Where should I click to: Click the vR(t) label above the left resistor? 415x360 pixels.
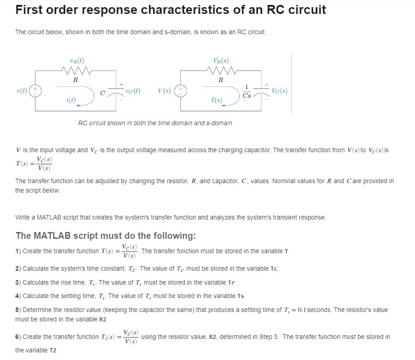pos(77,60)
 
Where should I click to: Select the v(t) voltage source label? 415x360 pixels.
pos(21,90)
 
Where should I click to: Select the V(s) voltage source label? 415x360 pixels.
pos(164,91)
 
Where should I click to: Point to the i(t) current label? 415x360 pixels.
pos(70,100)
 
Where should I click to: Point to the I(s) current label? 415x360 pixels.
pos(216,100)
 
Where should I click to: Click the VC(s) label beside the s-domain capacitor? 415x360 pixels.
pos(280,91)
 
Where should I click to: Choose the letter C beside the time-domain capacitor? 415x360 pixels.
pos(103,92)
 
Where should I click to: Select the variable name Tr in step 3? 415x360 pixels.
pos(232,283)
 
